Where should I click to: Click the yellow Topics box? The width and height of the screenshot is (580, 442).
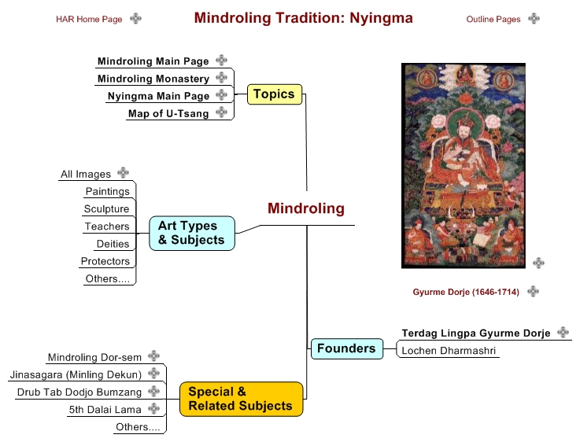coord(275,94)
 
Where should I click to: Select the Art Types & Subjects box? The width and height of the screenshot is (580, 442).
coord(191,234)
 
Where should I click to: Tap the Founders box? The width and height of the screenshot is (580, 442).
coord(346,348)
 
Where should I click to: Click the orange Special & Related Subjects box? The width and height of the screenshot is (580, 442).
coord(241,399)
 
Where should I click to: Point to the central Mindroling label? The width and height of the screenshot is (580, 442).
coord(306,208)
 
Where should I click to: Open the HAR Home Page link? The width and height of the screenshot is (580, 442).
coord(89,19)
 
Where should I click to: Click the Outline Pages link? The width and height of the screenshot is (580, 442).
coord(493,19)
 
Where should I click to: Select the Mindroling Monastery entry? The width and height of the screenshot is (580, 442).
coord(153,79)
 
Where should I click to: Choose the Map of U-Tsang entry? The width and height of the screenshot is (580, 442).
coord(168,113)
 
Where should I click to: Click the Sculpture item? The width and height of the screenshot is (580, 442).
coord(106,208)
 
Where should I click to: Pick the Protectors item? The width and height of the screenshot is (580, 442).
coord(105,261)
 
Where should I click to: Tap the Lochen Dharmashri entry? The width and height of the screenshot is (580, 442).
coord(449,351)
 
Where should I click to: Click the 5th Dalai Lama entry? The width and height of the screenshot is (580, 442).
coord(105,410)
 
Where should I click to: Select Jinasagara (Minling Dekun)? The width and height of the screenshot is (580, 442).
coord(76,374)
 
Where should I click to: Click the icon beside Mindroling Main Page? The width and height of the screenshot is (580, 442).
coord(221,60)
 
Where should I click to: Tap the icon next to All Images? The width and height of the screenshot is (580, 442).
coord(123,172)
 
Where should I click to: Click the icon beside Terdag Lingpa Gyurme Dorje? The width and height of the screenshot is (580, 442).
coord(563,332)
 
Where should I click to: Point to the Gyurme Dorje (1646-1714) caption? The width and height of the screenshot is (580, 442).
coord(466,292)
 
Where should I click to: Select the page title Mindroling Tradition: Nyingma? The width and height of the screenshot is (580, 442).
coord(303,18)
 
